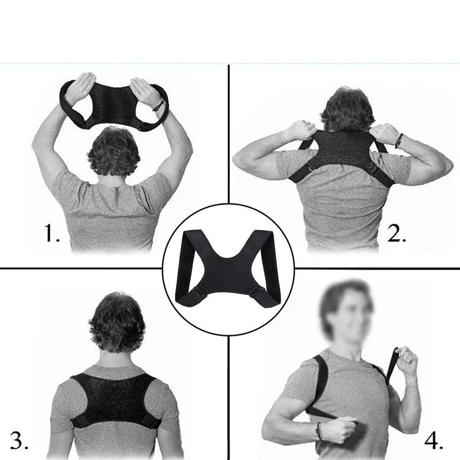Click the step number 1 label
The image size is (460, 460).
[52, 233]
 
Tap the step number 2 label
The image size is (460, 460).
[397, 233]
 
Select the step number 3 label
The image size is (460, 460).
[20, 440]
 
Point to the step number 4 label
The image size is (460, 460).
[434, 440]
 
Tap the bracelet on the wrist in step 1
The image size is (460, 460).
[159, 106]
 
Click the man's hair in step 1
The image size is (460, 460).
[114, 151]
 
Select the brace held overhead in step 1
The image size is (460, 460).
[114, 103]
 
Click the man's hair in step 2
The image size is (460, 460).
[348, 110]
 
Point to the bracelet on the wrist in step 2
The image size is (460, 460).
[398, 141]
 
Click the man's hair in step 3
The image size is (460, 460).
[117, 322]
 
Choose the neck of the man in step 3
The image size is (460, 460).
[117, 359]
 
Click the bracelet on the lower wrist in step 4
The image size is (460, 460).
[318, 431]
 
